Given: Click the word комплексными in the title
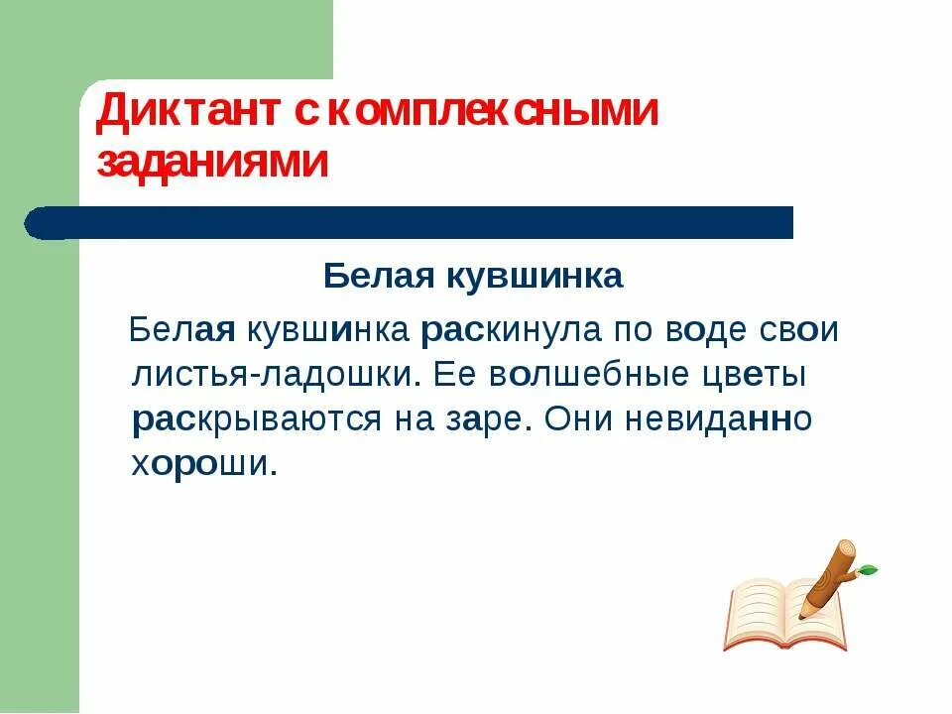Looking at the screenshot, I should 491,112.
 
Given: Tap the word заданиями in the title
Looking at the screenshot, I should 212,163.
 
